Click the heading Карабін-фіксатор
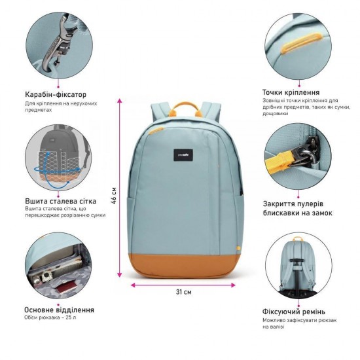pyautogui.click(x=56, y=95)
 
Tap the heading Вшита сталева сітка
pyautogui.click(x=61, y=201)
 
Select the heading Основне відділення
pyautogui.click(x=59, y=310)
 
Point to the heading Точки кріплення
pyautogui.click(x=291, y=92)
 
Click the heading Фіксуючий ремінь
pyautogui.click(x=294, y=312)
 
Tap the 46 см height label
pyautogui.click(x=113, y=196)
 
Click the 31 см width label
pyautogui.click(x=184, y=292)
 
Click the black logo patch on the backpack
pyautogui.click(x=183, y=155)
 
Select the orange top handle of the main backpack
pyautogui.click(x=185, y=109)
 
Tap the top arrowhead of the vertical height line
pyautogui.click(x=119, y=101)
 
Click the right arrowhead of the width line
pyautogui.click(x=233, y=285)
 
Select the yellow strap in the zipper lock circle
pyautogui.click(x=279, y=161)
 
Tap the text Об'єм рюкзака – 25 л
pyautogui.click(x=50, y=317)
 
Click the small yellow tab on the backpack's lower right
pyautogui.click(x=238, y=248)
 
